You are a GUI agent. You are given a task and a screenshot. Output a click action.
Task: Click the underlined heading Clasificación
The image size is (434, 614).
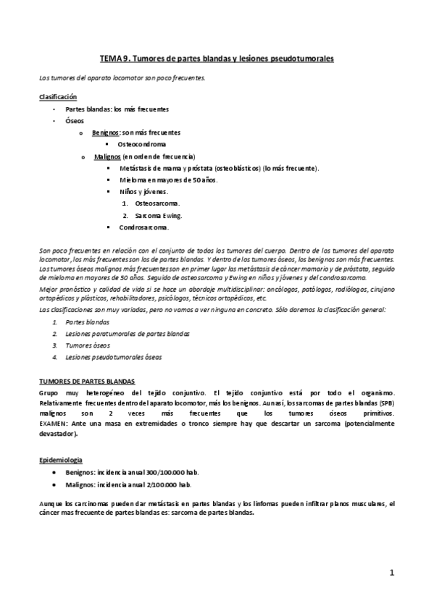58,96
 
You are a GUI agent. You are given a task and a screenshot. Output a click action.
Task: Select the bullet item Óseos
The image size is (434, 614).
74,121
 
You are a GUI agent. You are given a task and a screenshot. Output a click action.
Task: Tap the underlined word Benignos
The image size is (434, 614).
106,133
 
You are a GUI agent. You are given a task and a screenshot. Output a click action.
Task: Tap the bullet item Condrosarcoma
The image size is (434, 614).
144,227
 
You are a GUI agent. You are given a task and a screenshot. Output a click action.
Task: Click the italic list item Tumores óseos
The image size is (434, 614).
88,345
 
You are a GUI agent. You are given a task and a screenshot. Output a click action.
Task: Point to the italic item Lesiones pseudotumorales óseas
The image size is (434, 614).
114,357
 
